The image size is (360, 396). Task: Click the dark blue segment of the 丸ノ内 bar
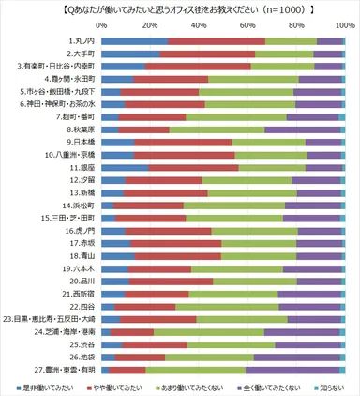coord(134,41)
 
